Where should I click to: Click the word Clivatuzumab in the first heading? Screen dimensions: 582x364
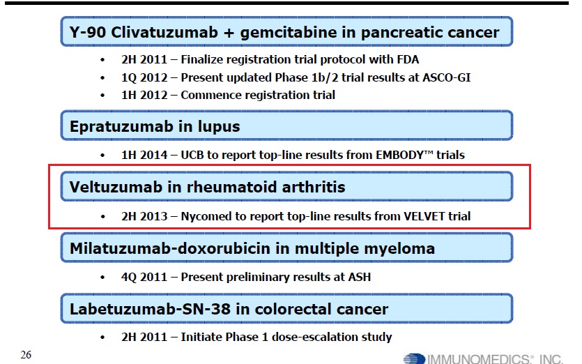coord(164,32)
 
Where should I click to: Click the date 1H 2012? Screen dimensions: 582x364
coord(144,95)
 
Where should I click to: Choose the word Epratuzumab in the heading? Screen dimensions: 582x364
coord(121,127)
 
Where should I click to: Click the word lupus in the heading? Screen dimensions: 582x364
coord(219,127)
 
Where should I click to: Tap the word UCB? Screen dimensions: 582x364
coord(192,155)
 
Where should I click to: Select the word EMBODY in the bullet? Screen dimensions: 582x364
coord(399,155)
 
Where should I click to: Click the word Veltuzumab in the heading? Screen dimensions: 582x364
coord(116,187)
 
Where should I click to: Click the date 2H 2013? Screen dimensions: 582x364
coord(144,216)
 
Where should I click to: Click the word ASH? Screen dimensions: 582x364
coord(359,277)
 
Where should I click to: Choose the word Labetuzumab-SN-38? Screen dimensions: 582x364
coord(150,309)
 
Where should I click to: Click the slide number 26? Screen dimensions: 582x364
coord(26,355)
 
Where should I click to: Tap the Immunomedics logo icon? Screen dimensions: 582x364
coord(414,359)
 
